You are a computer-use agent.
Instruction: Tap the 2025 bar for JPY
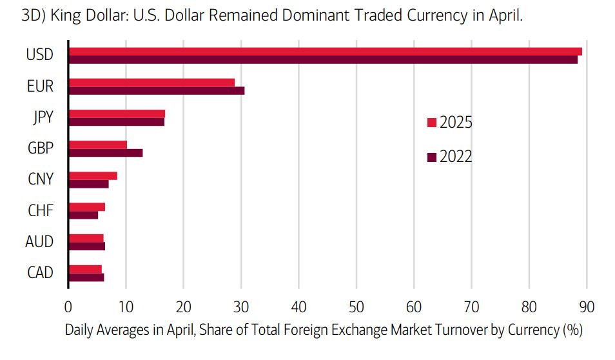(117, 114)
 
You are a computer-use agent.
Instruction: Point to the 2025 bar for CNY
(93, 175)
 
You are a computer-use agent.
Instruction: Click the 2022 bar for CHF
(83, 215)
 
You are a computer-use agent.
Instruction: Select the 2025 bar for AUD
(86, 237)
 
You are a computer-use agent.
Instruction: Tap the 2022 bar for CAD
(86, 277)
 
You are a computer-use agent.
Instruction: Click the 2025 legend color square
(432, 123)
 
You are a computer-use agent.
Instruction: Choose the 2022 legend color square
(432, 157)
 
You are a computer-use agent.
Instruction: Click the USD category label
(40, 55)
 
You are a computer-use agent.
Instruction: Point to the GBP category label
(40, 148)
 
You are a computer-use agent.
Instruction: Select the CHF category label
(40, 210)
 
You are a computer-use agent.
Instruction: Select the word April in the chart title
(503, 15)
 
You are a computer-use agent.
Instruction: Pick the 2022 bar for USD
(323, 59)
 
